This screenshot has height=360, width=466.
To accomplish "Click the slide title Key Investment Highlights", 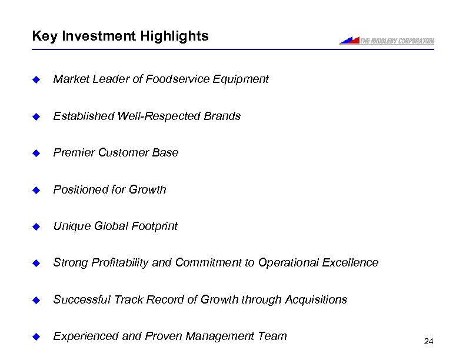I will tap(120, 36).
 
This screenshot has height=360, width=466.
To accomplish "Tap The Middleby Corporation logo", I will tap(387, 41).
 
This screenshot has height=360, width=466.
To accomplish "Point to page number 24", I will tap(428, 341).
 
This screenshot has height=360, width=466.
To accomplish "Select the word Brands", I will tap(222, 116).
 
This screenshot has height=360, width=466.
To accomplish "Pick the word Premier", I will tap(74, 153).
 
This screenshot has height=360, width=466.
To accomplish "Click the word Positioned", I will tap(79, 189).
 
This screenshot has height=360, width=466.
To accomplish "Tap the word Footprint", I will tap(154, 226).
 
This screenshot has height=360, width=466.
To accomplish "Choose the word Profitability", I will tap(119, 263).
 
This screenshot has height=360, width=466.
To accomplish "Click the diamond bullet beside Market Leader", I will tap(35, 79).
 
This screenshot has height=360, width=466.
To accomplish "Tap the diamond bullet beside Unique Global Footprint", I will tap(35, 226).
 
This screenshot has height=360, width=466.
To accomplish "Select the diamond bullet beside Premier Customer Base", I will tap(35, 153).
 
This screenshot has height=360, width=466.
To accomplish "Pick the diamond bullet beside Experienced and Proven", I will tap(35, 336).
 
